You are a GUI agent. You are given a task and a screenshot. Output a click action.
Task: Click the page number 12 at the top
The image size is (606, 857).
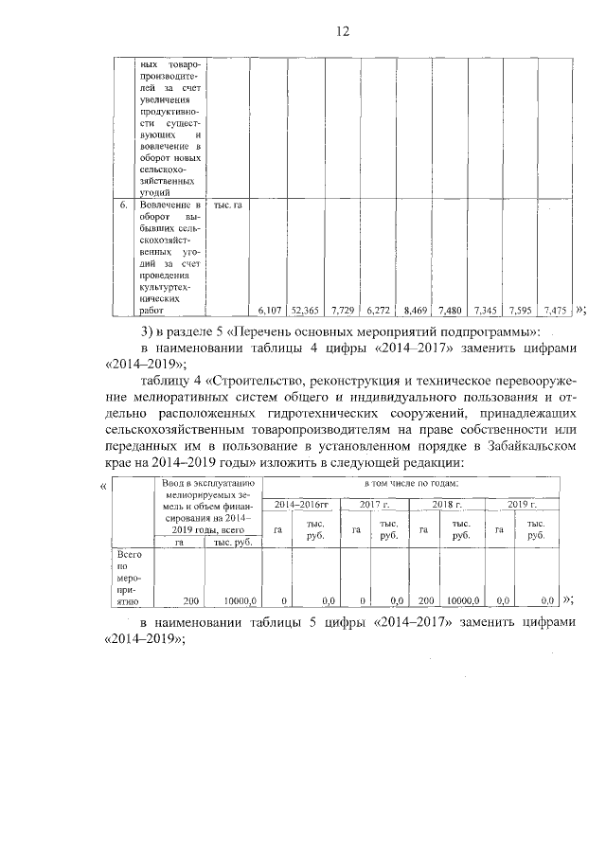coord(343,31)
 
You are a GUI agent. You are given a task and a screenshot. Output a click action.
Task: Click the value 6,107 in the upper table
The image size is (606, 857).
coord(270,310)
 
